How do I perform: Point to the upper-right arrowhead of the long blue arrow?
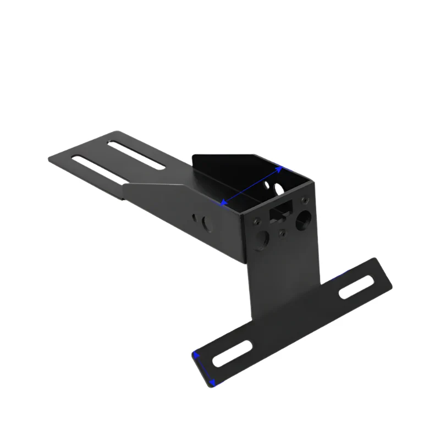[x=281, y=168]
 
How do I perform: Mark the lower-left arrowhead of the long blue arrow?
[x=223, y=204]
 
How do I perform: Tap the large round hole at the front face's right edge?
[x=302, y=221]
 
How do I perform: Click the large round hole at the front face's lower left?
[x=262, y=238]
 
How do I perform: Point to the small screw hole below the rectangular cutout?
[x=282, y=233]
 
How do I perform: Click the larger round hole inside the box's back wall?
[x=279, y=189]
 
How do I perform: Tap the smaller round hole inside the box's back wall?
[x=269, y=193]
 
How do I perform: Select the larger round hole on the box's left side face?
[x=207, y=224]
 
